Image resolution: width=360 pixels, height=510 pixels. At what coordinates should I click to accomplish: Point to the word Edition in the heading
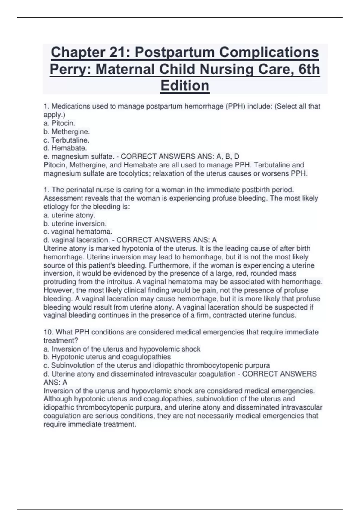coord(185,86)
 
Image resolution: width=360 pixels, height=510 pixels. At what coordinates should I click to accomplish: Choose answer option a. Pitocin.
coord(59,123)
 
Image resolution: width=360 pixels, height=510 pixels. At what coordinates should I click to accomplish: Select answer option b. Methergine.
coord(67,131)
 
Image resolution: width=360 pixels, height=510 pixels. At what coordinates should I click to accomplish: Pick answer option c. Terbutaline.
coord(66,140)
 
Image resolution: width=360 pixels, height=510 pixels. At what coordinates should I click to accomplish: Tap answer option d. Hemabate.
coord(65,148)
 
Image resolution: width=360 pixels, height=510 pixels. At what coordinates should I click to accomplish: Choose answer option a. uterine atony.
coord(69,215)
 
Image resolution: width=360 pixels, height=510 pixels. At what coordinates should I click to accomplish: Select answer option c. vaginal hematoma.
coord(78,232)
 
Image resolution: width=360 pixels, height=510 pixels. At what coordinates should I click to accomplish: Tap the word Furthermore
coord(170,265)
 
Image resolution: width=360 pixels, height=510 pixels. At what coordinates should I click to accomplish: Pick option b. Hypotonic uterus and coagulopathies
coord(107,357)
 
